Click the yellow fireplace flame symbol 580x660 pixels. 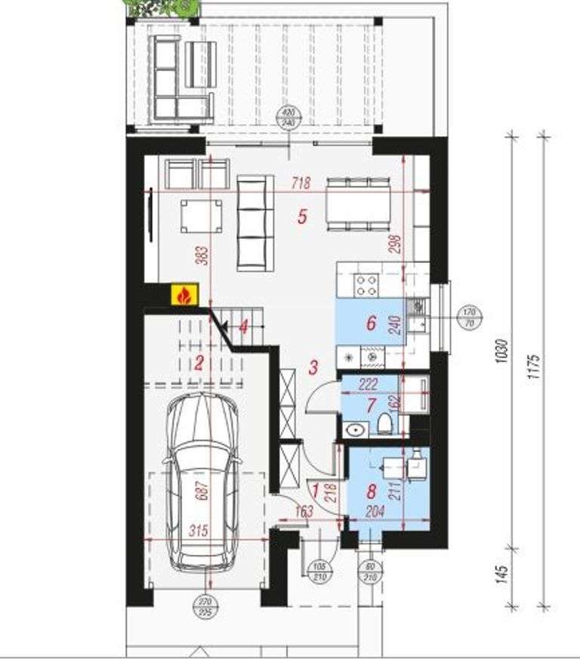click(x=184, y=296)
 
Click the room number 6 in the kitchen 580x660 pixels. click(x=371, y=323)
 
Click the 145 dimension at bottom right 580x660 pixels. click(x=502, y=576)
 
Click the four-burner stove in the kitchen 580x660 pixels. click(x=367, y=285)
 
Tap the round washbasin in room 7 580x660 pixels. click(x=355, y=430)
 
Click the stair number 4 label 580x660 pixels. click(x=243, y=327)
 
